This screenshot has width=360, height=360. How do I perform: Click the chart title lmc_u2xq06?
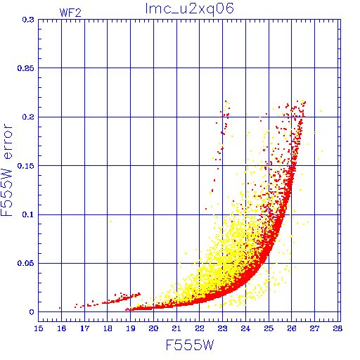point(190,9)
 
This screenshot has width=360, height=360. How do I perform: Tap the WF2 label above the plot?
point(70,13)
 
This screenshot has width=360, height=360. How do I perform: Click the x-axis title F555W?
point(190,345)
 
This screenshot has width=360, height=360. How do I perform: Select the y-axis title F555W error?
point(6,170)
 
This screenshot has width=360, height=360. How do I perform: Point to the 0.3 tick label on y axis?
point(28,20)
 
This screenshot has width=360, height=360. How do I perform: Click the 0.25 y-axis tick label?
point(25,68)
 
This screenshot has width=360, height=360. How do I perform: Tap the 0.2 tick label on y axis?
point(28,117)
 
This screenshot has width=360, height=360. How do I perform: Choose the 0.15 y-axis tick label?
point(25,166)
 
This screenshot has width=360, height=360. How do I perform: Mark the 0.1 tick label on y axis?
point(28,214)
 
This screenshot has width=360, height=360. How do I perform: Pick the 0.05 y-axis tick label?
point(25,263)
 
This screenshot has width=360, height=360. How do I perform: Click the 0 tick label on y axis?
point(32,312)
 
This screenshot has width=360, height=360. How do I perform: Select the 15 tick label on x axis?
point(39,328)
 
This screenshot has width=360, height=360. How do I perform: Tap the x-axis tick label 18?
point(108,328)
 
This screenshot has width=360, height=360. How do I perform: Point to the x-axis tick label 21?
point(176,328)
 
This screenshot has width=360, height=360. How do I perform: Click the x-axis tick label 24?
point(245,328)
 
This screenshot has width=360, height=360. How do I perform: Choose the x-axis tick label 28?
point(337,328)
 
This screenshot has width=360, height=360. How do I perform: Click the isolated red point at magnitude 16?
point(60,308)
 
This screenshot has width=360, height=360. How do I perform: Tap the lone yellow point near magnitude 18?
point(110,221)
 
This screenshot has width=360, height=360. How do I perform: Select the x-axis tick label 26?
point(292,328)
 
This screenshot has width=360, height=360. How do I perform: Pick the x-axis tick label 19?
point(131,328)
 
